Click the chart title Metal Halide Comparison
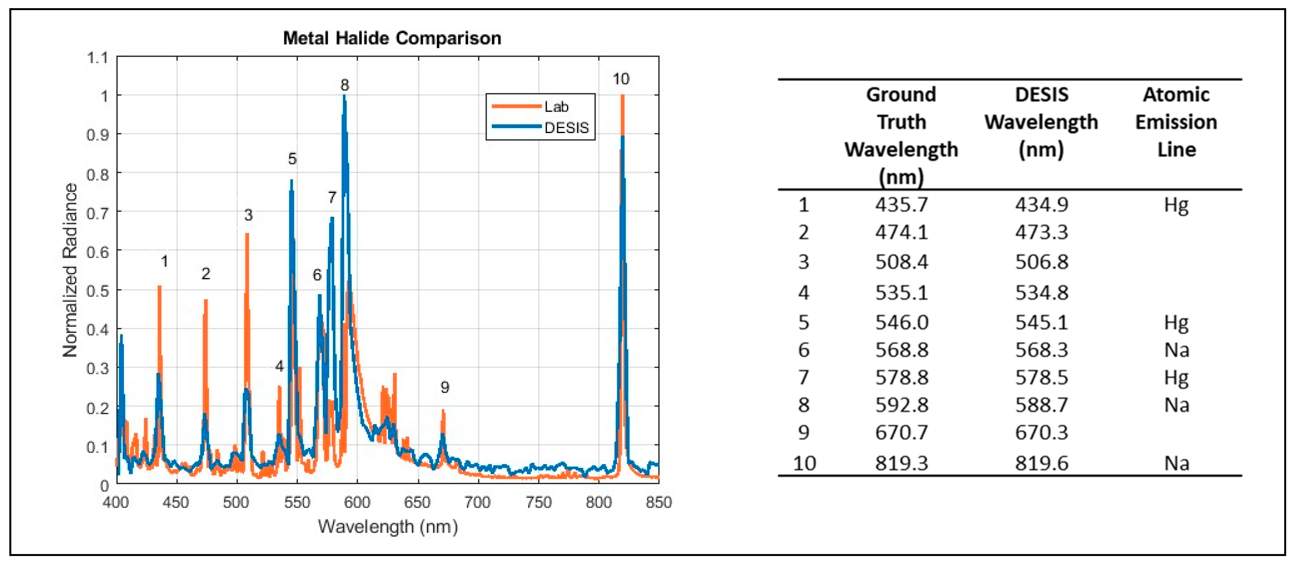(x=392, y=38)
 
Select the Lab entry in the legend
(x=556, y=106)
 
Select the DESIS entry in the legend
(x=566, y=128)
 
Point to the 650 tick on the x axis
(x=417, y=502)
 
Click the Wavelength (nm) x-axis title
(x=388, y=526)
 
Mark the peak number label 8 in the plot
(x=344, y=85)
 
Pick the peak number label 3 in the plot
(x=248, y=215)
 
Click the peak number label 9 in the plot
(x=444, y=387)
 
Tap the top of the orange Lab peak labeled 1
(x=160, y=287)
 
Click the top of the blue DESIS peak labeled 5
(x=291, y=181)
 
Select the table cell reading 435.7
(x=901, y=205)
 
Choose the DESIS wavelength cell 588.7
(x=1041, y=405)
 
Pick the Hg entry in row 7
(x=1176, y=377)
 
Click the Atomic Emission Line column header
(x=1176, y=122)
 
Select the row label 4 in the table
(x=803, y=292)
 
